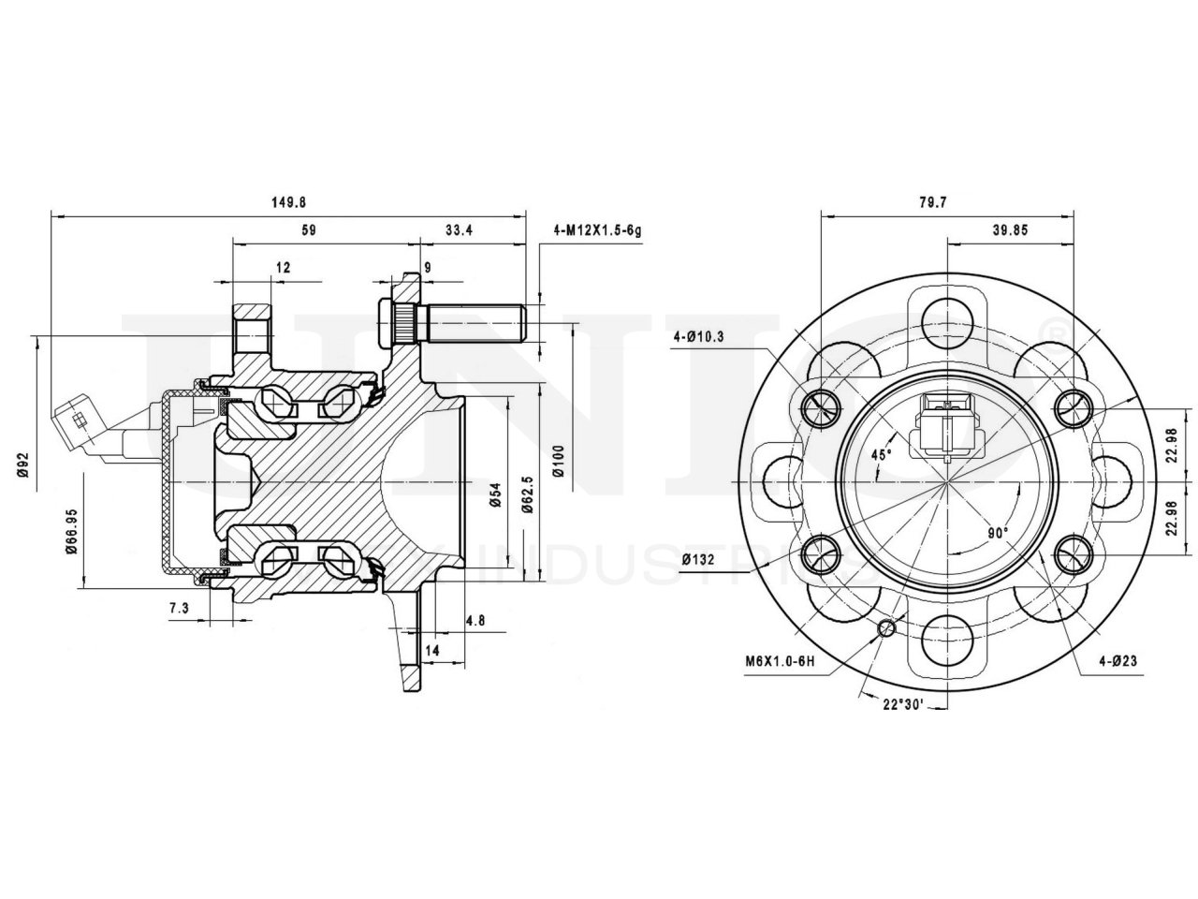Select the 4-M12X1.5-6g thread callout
tap(597, 230)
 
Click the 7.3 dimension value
tap(179, 609)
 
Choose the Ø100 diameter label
tap(558, 461)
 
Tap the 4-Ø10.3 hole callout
tap(698, 337)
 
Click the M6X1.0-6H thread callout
tap(781, 661)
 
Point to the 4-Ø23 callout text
tap(1118, 661)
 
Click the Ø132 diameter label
tap(699, 560)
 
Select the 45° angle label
tap(882, 454)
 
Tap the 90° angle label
tap(998, 533)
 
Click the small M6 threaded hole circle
tap(886, 627)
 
